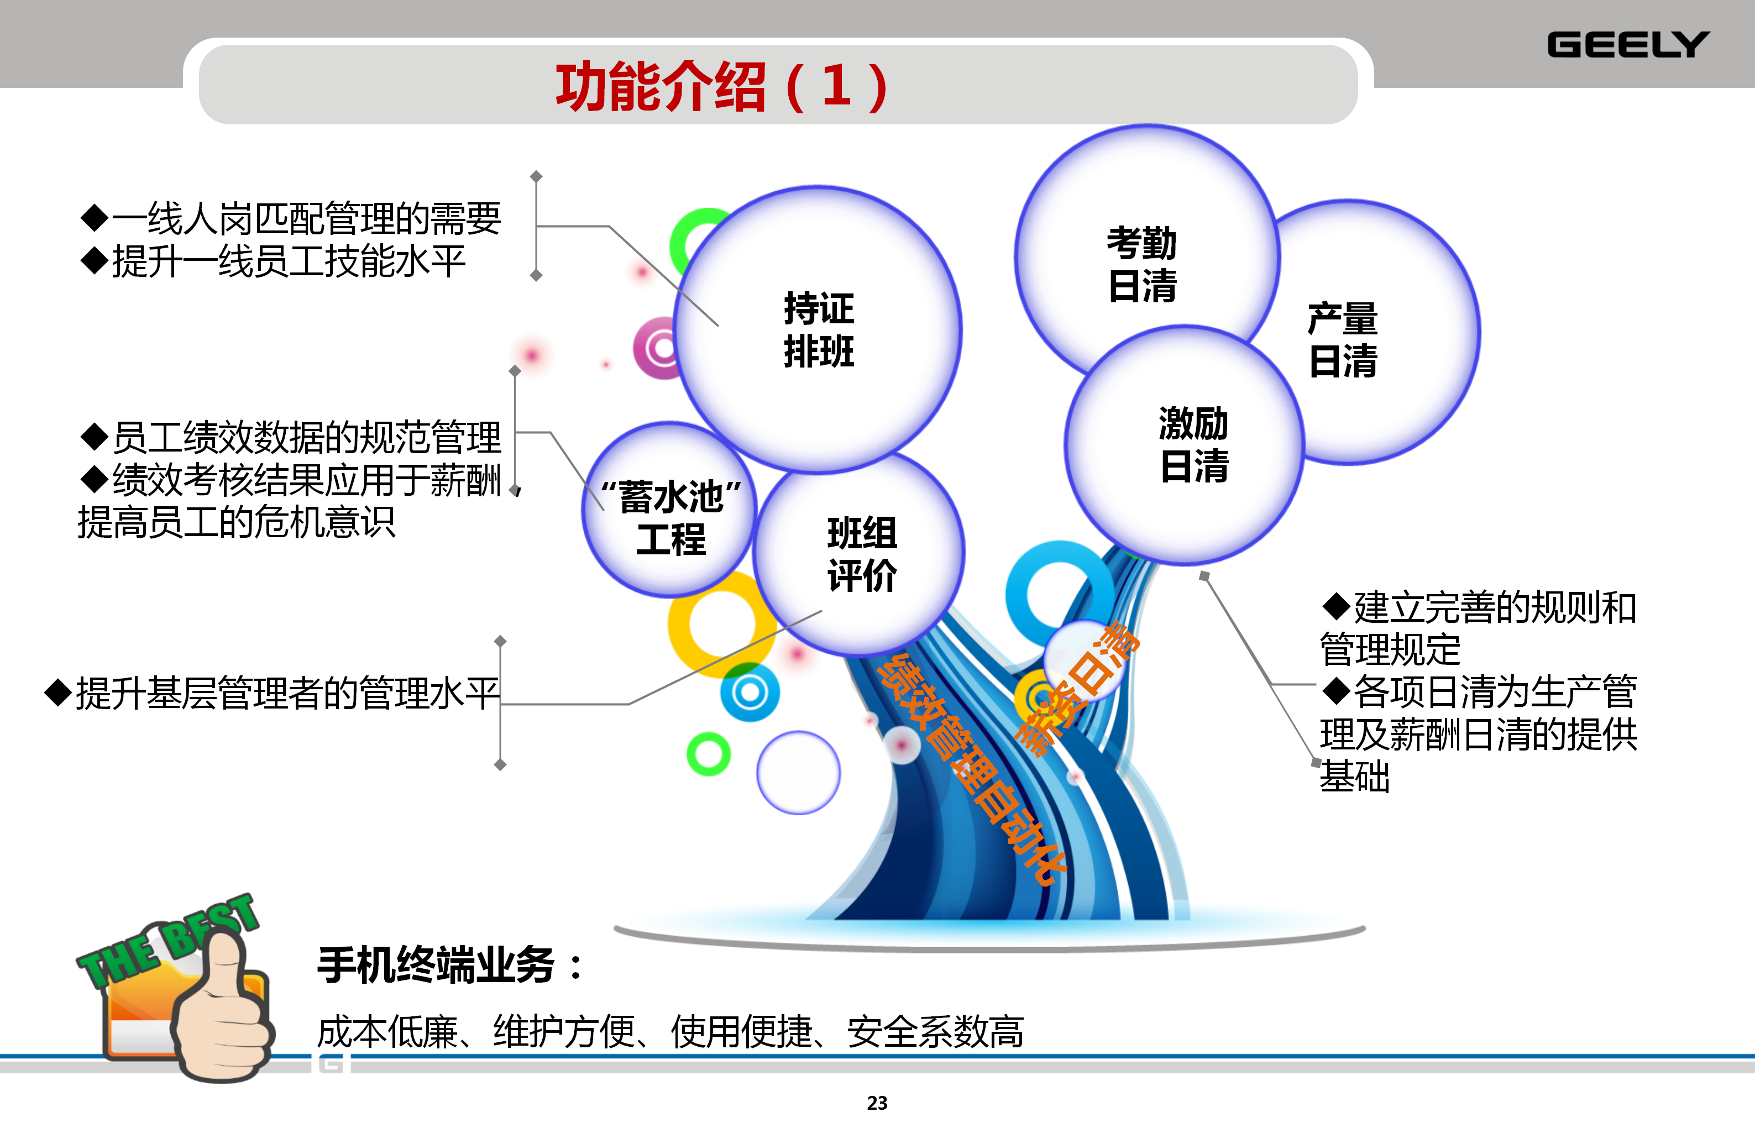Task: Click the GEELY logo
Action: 1627,45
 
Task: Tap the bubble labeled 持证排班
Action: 818,329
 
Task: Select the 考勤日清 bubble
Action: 1146,256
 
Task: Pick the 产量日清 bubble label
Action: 1343,340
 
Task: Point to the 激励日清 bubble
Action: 1185,444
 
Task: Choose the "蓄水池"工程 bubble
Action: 669,509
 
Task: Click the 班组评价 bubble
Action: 859,553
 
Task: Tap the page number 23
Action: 877,1103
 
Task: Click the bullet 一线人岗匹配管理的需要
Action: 291,218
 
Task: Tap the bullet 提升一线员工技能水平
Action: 273,261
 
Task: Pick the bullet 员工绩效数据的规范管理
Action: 291,437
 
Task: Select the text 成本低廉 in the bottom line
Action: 387,1032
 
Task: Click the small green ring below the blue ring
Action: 708,754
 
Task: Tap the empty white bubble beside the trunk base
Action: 798,773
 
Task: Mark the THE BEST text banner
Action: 167,940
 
